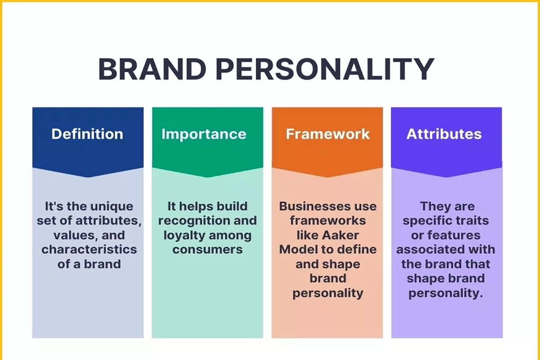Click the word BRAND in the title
152,69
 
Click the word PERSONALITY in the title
325,69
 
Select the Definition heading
87,134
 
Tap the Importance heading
204,134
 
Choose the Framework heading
328,134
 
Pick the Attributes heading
444,134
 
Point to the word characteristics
89,250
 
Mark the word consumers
207,250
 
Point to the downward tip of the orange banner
328,177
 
